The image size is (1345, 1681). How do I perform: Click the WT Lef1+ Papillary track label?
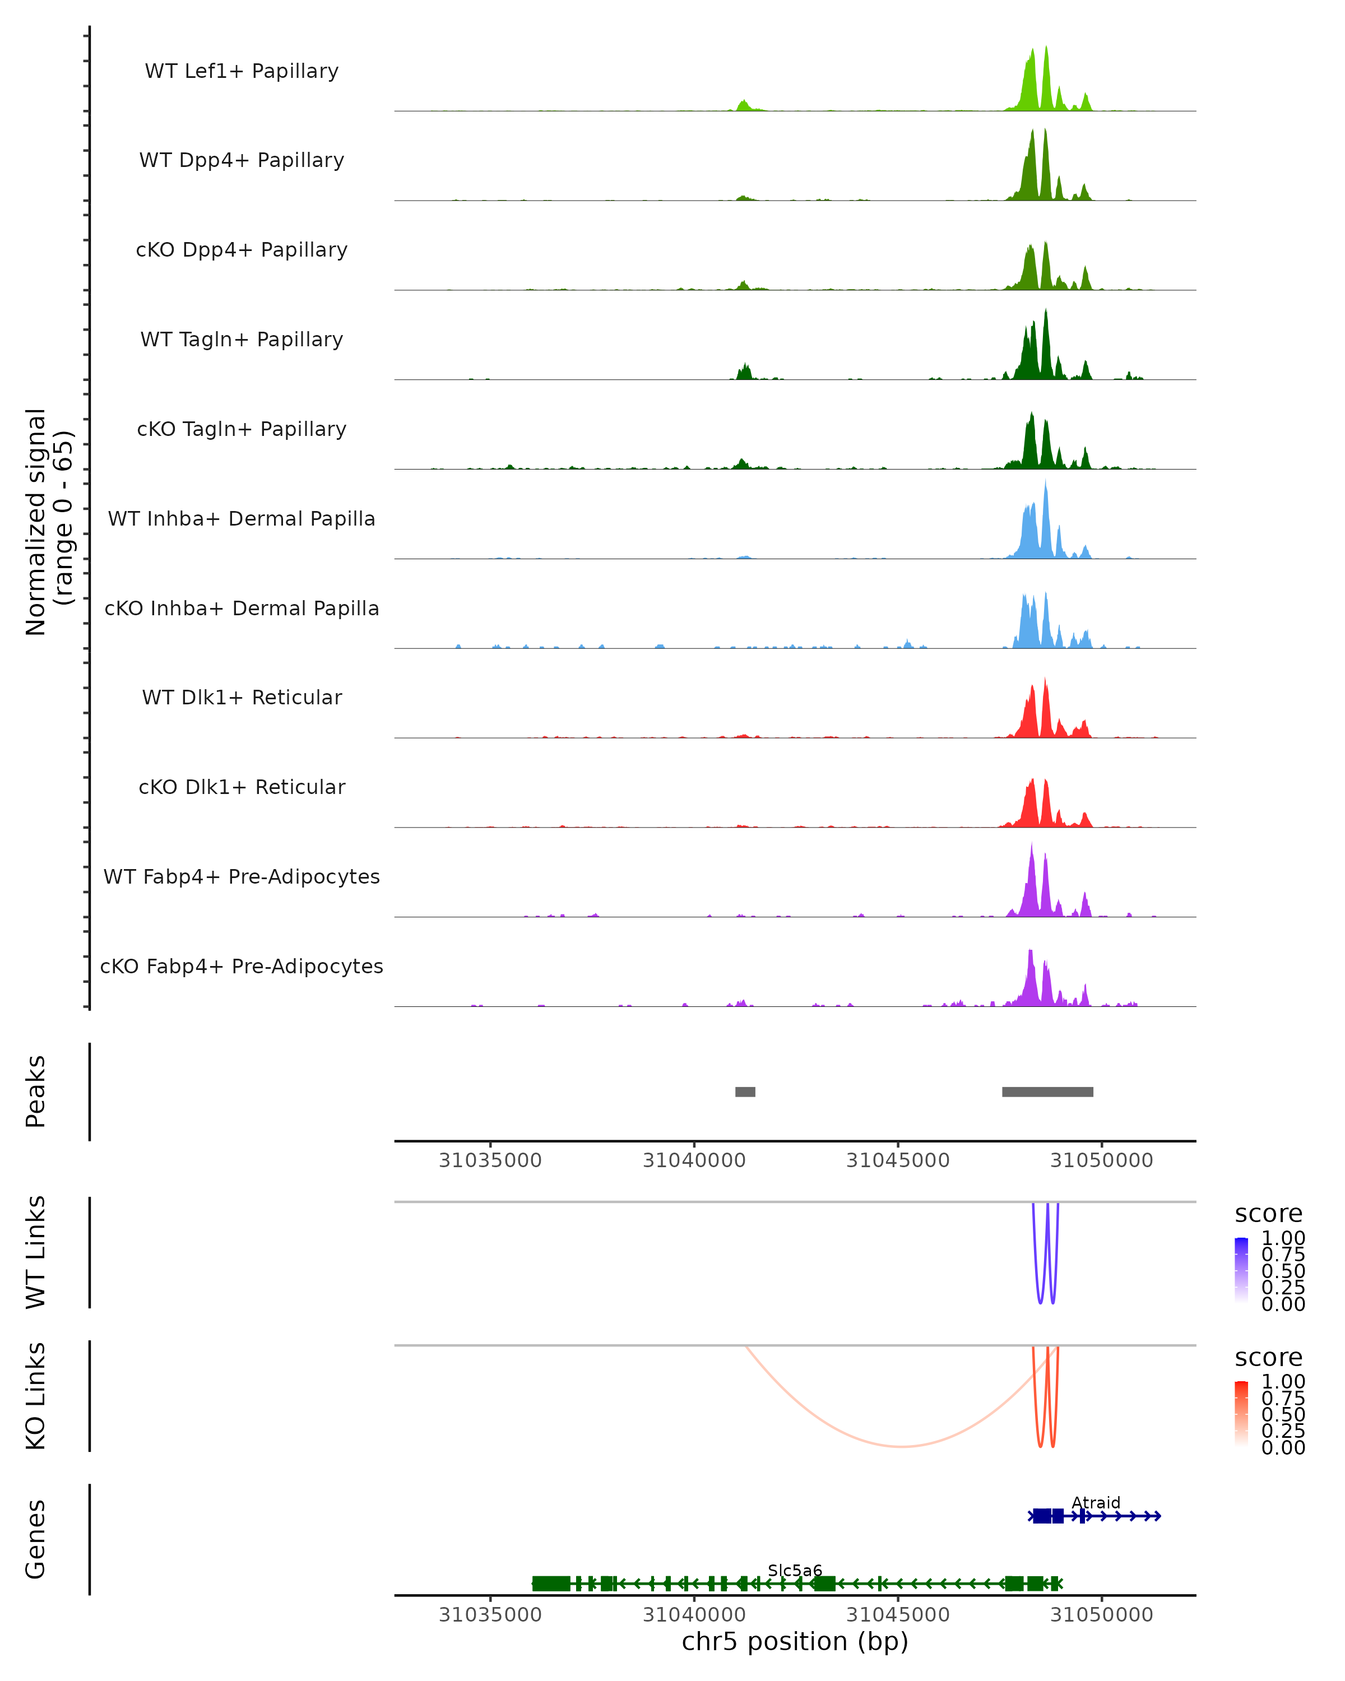pyautogui.click(x=242, y=71)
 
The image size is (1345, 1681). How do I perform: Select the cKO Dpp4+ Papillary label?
pyautogui.click(x=242, y=250)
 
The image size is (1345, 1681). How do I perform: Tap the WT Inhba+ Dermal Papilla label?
pyautogui.click(x=242, y=519)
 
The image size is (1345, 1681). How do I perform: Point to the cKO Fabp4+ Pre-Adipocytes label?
pyautogui.click(x=242, y=967)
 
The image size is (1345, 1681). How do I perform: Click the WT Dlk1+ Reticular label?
pyautogui.click(x=242, y=698)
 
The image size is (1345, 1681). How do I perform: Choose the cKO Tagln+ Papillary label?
pyautogui.click(x=242, y=430)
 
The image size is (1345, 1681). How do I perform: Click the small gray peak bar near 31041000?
pyautogui.click(x=745, y=1092)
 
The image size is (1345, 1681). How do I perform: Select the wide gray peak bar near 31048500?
pyautogui.click(x=1047, y=1092)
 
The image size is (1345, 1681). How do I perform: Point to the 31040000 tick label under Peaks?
pyautogui.click(x=694, y=1161)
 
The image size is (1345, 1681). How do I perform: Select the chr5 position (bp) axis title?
pyautogui.click(x=795, y=1642)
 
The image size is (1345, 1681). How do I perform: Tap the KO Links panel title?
pyautogui.click(x=36, y=1396)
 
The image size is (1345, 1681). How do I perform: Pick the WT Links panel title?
pyautogui.click(x=36, y=1252)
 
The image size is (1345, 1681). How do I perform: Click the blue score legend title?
pyautogui.click(x=1269, y=1214)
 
